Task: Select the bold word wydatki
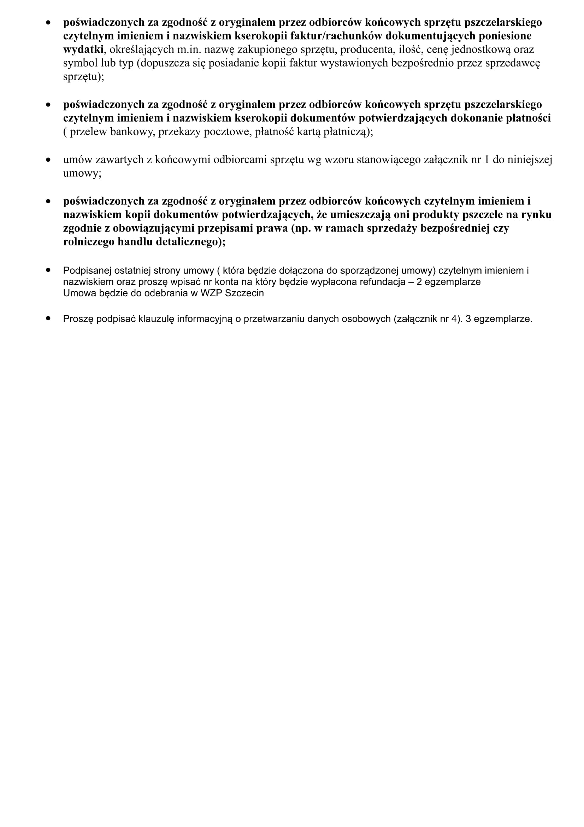pyautogui.click(x=83, y=49)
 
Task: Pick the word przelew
pyautogui.click(x=88, y=132)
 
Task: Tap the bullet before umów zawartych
pyautogui.click(x=48, y=159)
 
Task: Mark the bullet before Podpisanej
pyautogui.click(x=48, y=270)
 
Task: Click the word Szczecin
pyautogui.click(x=244, y=293)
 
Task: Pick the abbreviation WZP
pyautogui.click(x=211, y=293)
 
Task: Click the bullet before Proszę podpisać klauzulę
pyautogui.click(x=48, y=319)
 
